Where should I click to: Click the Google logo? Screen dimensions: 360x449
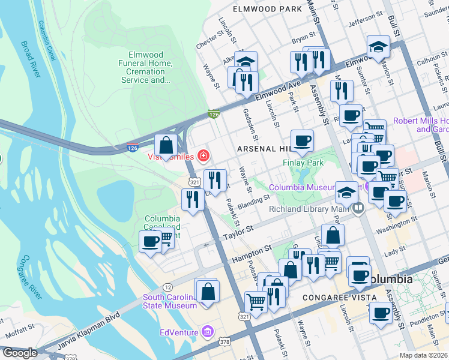[20, 353]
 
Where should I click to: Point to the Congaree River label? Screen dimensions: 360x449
[29, 277]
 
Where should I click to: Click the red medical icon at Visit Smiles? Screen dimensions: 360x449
[203, 157]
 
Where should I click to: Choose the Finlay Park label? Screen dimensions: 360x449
[303, 163]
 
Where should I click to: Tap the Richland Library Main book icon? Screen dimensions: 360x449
[358, 209]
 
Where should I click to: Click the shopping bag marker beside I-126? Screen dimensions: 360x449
[166, 145]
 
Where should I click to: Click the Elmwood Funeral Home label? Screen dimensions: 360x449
[142, 67]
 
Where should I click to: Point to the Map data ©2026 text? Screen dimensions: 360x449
[424, 355]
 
